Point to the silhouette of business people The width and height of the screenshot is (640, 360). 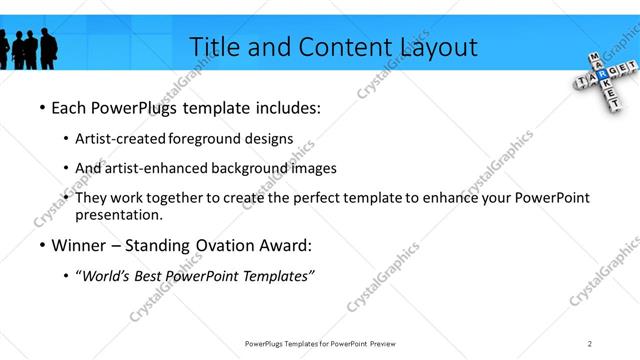30,46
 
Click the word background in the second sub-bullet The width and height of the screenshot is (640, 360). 250,168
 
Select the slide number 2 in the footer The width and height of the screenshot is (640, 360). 590,344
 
